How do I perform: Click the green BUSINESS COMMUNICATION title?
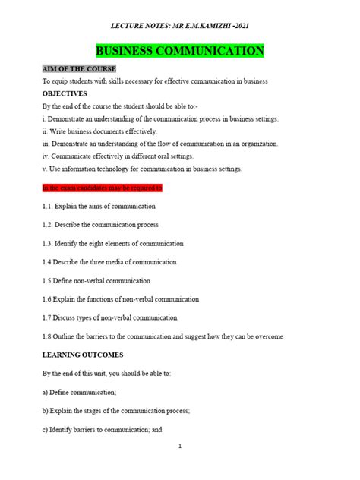coord(179,52)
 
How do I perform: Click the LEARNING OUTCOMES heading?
coord(83,355)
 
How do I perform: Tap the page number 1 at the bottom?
coord(179,447)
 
